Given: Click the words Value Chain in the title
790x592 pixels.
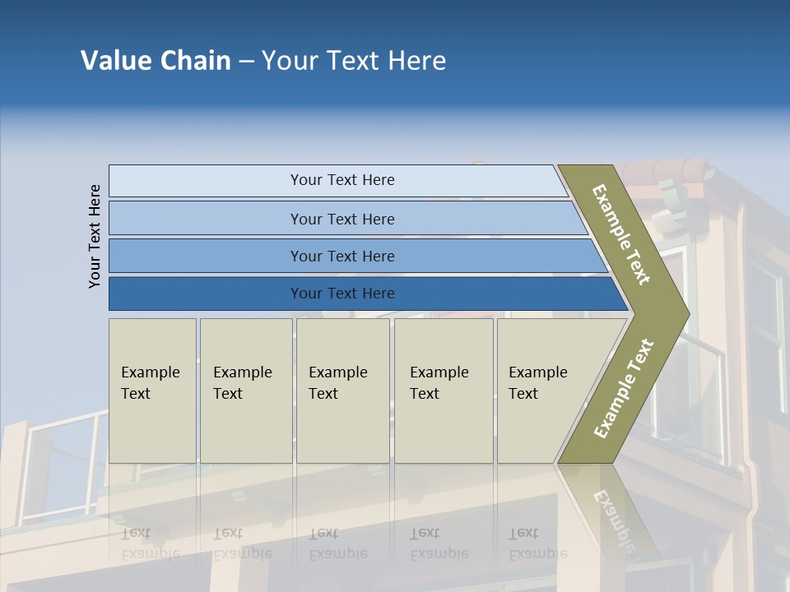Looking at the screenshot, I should point(156,60).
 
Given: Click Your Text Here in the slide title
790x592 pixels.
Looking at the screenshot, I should point(354,60).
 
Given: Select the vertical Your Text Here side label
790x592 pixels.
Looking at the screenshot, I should point(95,236).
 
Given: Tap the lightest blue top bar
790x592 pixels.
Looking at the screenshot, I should point(342,180).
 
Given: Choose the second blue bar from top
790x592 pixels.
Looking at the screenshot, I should point(342,219).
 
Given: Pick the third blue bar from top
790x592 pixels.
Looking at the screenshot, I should point(342,256).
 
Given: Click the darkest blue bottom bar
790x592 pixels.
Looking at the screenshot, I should point(342,294).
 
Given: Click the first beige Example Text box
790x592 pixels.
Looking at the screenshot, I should point(152,391).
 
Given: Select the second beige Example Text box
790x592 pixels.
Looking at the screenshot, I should point(245,391).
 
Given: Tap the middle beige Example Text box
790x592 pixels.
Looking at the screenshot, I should point(342,391).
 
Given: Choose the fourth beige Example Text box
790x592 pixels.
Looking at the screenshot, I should point(443,391).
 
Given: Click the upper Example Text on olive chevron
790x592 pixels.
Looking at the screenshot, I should point(622,234).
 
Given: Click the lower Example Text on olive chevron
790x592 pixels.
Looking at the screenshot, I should point(624,388).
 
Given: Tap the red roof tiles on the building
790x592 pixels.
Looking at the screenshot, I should point(667,171).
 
